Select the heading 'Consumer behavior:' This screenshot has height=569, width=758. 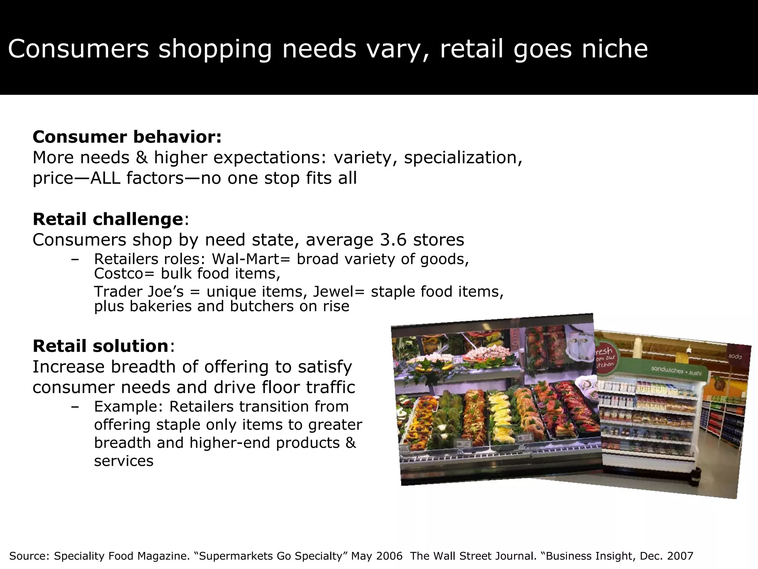coord(127,137)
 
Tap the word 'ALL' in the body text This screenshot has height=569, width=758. coord(105,178)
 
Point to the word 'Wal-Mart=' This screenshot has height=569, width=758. coord(251,259)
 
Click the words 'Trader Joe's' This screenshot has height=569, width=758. coord(139,292)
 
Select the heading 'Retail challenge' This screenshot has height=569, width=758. coord(108,219)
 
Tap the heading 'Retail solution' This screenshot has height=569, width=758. coord(101,346)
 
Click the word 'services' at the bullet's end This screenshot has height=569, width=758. coord(124,461)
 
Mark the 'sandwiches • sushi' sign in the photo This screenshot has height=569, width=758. coord(676,370)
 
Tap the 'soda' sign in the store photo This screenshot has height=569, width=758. coord(735,356)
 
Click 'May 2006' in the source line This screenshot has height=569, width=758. coord(377,556)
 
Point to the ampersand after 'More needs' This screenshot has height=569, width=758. coord(141,158)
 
